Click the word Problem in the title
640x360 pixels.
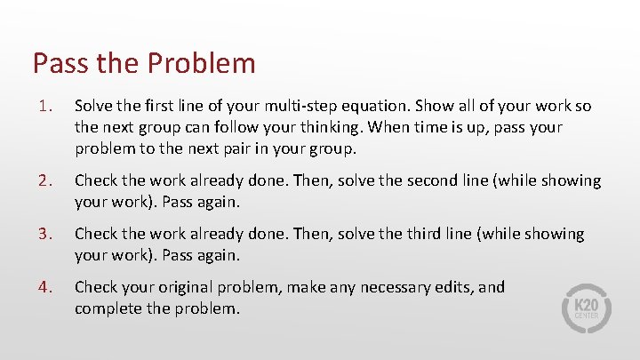[202, 64]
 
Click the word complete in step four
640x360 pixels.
[108, 308]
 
